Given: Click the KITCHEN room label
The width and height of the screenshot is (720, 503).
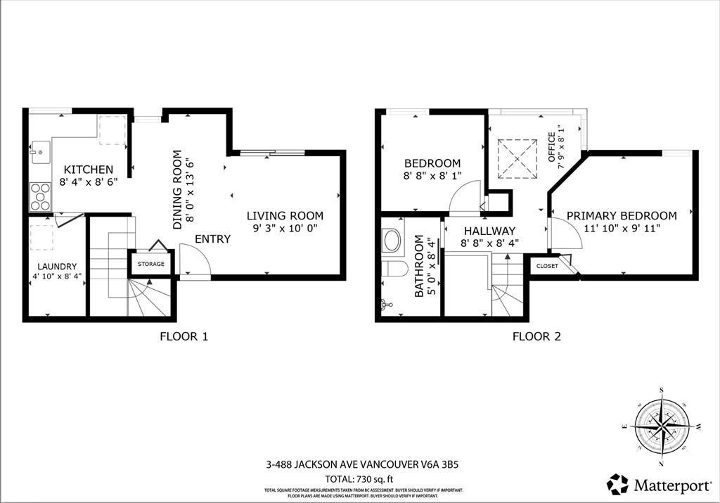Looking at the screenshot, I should [88, 170].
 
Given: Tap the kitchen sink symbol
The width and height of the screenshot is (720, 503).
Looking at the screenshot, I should [39, 151].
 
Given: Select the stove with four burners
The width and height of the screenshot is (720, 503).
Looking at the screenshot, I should [40, 196].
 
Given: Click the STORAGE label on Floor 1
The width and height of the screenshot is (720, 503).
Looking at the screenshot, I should [150, 264].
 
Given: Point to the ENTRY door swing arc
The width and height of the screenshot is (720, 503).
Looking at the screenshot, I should [195, 258].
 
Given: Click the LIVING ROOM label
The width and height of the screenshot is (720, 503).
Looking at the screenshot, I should [285, 216].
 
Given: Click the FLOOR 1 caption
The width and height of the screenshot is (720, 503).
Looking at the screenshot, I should [184, 336].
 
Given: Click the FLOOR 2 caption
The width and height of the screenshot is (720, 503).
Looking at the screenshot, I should [536, 336].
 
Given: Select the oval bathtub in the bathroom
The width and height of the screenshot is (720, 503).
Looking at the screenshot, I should [392, 241].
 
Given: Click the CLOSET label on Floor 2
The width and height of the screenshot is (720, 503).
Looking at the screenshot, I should [547, 266].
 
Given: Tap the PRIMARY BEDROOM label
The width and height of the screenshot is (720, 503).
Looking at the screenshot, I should [622, 216].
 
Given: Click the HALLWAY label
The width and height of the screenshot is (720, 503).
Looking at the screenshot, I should [488, 231].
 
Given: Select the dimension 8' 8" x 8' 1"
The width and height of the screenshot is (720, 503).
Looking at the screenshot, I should [432, 177].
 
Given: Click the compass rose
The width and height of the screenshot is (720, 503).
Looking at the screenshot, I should [662, 427].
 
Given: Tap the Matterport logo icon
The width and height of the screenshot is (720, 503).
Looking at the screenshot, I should [618, 484].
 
